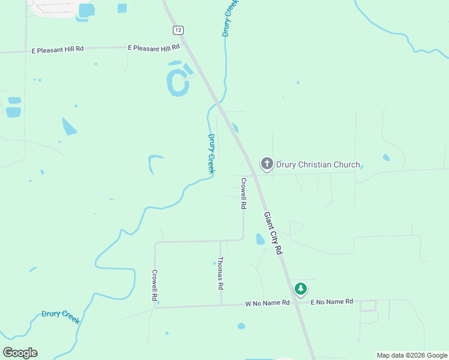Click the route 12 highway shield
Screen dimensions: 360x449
(178, 30)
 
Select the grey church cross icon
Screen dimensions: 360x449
(267, 163)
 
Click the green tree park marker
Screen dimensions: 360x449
(301, 289)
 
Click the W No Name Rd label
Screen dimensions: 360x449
(267, 304)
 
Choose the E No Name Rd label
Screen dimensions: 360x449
(331, 302)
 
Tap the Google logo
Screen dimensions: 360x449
(20, 353)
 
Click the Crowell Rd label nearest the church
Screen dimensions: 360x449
(244, 193)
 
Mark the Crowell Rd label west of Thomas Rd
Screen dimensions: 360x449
(154, 285)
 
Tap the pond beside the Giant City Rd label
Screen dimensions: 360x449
(260, 239)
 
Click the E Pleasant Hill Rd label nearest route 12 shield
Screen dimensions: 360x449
(154, 47)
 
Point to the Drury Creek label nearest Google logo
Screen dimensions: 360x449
(61, 316)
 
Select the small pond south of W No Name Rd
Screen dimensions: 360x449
(241, 326)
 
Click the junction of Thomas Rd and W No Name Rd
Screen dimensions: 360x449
(221, 305)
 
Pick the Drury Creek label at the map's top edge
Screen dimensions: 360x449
(230, 18)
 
